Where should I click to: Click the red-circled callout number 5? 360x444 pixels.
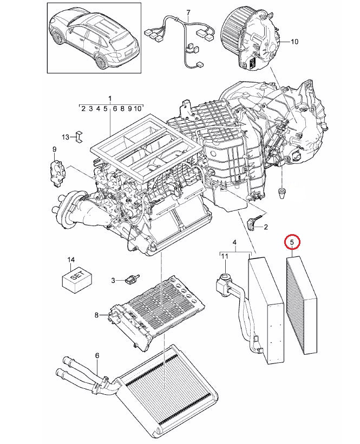click(x=292, y=242)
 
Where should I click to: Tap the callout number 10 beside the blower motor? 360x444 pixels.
click(x=294, y=42)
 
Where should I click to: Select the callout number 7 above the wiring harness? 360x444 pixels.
click(x=188, y=13)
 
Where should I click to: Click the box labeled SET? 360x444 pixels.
click(x=77, y=281)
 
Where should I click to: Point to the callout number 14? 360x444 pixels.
click(x=71, y=260)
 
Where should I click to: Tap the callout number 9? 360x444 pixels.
click(x=55, y=149)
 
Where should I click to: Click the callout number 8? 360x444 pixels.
click(x=96, y=315)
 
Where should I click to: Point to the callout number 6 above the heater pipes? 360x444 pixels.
click(x=97, y=355)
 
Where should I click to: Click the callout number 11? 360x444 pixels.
click(x=225, y=256)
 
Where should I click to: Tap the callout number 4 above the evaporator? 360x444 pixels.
click(x=234, y=242)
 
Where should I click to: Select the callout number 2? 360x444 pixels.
click(x=265, y=227)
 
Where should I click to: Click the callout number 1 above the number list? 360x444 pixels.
click(x=110, y=99)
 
